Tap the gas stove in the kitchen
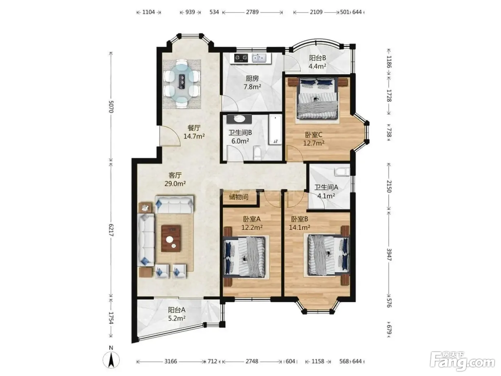tap(241, 58)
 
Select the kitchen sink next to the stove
tap(259, 58)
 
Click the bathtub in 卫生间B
tap(275, 130)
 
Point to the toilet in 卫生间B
tap(257, 153)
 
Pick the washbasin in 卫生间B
tap(239, 119)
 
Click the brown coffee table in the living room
tap(171, 238)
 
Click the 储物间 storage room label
tap(239, 197)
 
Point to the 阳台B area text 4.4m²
tap(317, 66)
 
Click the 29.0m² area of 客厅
tap(175, 183)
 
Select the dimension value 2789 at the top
tap(252, 12)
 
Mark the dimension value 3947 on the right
tap(389, 254)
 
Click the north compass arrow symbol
tap(111, 361)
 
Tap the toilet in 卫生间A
tap(342, 172)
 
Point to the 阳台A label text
tap(177, 310)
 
